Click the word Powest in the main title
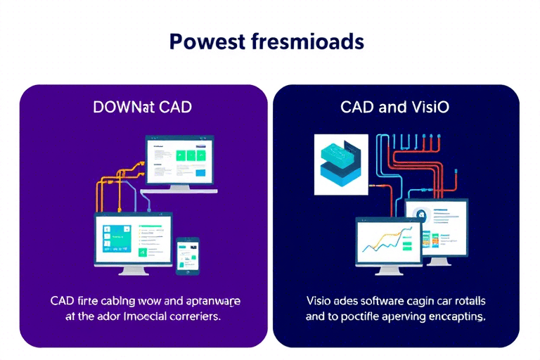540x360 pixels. point(206,42)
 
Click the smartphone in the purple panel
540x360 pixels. point(186,255)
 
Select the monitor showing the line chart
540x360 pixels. point(390,241)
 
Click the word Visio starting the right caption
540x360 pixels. point(319,302)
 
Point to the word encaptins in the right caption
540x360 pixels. point(454,316)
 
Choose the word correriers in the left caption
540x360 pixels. point(193,316)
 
